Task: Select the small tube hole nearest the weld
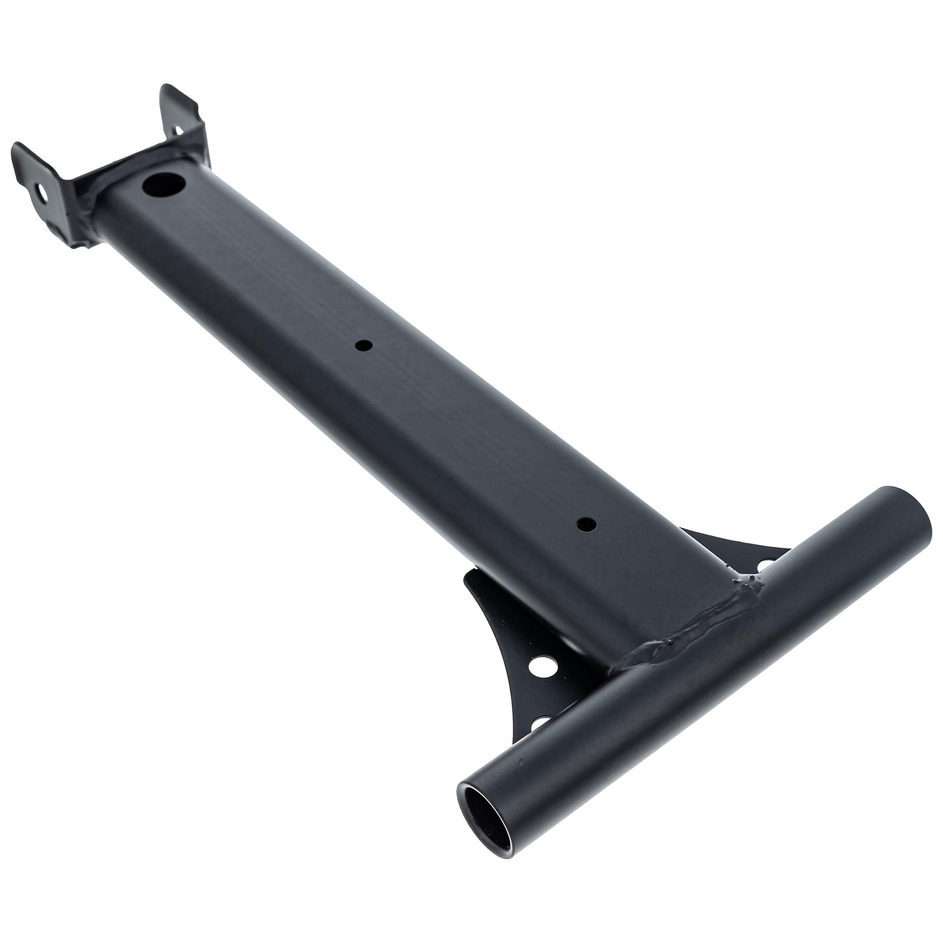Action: (x=586, y=525)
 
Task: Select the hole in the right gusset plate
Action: (x=765, y=565)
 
